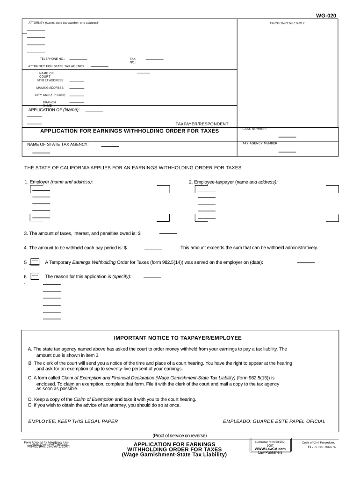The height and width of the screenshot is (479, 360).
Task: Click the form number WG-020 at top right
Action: point(326,15)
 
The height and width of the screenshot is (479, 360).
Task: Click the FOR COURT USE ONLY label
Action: point(287,23)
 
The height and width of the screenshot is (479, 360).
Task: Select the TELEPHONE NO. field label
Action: point(52,59)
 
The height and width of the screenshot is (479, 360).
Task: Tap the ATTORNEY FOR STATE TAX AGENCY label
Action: point(56,66)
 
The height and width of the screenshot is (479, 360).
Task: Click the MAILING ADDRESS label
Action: point(50,87)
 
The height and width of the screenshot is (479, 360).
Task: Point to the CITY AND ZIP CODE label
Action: point(50,95)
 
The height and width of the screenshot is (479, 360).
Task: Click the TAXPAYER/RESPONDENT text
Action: point(202,124)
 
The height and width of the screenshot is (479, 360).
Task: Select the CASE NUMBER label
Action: point(254,129)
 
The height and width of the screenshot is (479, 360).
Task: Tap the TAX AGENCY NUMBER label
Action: point(260,143)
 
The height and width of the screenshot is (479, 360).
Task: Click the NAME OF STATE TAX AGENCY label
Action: point(58,145)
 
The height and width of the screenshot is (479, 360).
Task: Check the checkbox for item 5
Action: point(35,262)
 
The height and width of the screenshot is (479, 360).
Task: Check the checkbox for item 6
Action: point(35,276)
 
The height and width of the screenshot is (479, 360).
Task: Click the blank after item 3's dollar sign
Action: point(168,233)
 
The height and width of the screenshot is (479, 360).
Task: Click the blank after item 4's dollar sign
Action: point(153,248)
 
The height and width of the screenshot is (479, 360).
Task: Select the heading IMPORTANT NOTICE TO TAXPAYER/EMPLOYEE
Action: point(178,338)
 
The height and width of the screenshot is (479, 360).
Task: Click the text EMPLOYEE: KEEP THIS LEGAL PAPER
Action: point(73,421)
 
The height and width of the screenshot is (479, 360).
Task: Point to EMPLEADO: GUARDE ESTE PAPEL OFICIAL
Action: point(274,421)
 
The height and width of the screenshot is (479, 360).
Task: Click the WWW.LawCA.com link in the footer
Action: point(270,449)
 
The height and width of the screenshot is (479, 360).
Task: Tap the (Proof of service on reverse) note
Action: point(180,435)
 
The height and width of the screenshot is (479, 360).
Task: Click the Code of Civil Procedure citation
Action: point(318,443)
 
